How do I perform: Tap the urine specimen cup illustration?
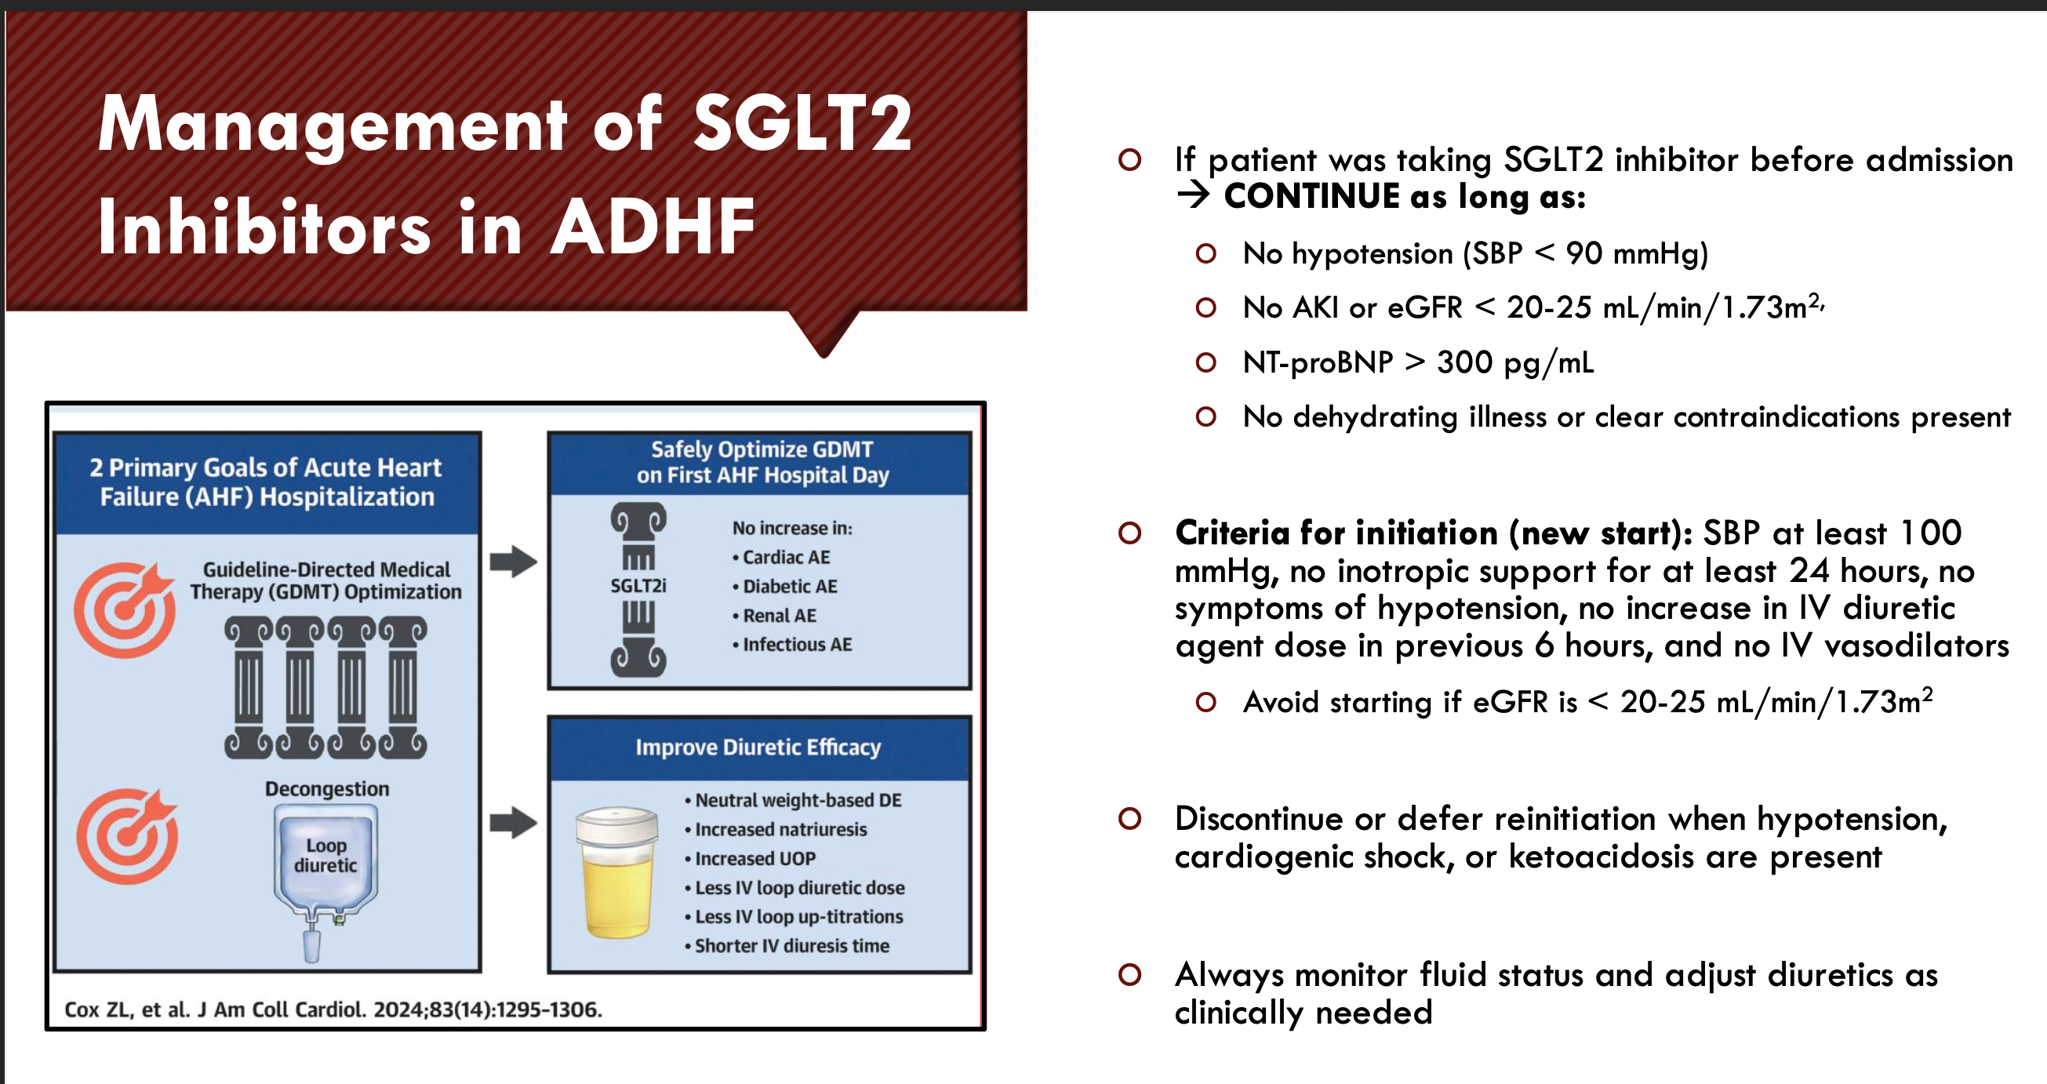pos(617,871)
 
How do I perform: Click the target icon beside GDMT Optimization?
pos(125,609)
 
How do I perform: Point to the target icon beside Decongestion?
pos(127,836)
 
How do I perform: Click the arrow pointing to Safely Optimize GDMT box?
pos(514,561)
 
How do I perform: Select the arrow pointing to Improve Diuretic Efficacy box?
pos(514,823)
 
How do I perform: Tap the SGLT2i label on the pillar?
pos(638,586)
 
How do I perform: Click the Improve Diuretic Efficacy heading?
pos(758,747)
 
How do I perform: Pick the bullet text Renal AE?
pos(780,615)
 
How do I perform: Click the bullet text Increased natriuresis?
pos(781,829)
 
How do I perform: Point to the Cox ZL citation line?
pos(333,1009)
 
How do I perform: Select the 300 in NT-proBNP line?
pos(1464,362)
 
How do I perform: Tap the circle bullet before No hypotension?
pos(1206,253)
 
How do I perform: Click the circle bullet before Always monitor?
pos(1129,974)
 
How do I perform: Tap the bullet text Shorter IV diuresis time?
pos(792,946)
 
